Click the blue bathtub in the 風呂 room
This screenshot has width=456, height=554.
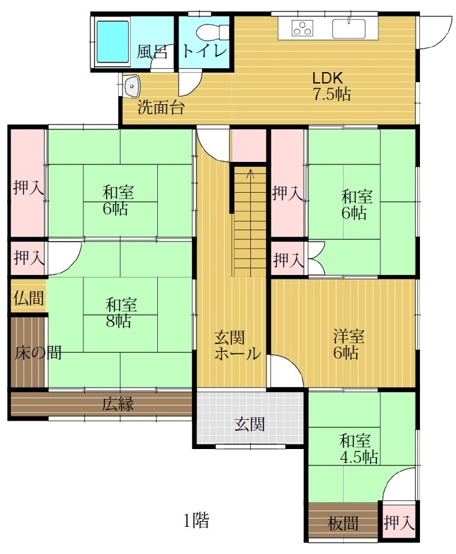click(112, 42)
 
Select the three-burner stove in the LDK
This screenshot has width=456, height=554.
click(303, 28)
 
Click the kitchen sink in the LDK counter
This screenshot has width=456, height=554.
click(349, 27)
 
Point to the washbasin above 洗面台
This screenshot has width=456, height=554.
click(132, 86)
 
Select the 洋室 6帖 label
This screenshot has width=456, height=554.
click(349, 345)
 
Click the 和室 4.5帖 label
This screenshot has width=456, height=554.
click(358, 449)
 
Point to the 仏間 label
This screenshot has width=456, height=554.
click(29, 298)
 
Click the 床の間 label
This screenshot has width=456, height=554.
click(38, 353)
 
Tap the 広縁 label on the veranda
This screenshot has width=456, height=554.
click(118, 404)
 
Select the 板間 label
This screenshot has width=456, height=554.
click(343, 523)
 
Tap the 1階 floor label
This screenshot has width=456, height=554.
click(196, 520)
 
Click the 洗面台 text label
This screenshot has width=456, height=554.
click(160, 107)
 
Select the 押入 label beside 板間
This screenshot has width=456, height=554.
click(399, 523)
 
